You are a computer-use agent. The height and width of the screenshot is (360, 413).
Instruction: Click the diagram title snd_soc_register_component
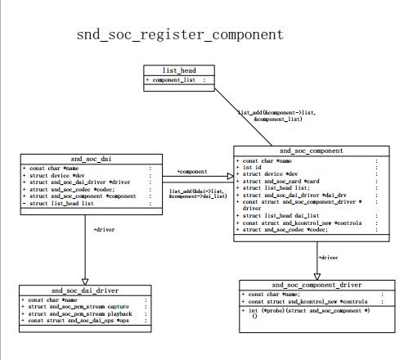(180, 34)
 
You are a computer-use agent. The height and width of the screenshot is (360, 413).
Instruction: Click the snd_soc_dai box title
(86, 158)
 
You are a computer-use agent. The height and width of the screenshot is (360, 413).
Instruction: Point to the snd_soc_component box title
(311, 151)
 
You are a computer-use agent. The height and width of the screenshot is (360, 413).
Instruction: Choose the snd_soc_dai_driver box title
(86, 290)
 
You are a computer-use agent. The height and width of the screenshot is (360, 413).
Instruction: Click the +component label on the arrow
(192, 172)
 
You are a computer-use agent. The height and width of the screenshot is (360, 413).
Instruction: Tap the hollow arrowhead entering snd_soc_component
(228, 176)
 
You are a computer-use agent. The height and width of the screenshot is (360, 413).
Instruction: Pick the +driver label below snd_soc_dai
(105, 230)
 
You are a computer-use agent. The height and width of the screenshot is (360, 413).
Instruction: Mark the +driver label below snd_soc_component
(328, 257)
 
